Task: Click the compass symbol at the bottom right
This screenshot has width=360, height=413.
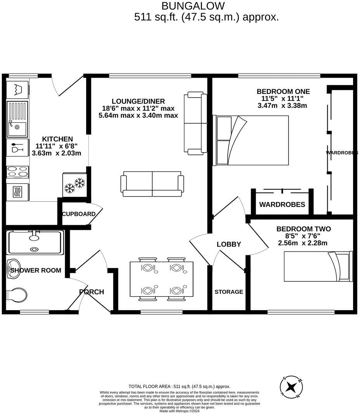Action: (x=291, y=387)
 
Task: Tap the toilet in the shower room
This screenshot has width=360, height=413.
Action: (x=16, y=295)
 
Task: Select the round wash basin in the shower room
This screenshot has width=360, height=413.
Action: (x=13, y=268)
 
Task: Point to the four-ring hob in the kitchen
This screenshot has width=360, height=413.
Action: (x=17, y=172)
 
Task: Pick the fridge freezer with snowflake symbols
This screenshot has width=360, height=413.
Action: (x=74, y=184)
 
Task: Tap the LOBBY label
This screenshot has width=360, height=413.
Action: (x=228, y=244)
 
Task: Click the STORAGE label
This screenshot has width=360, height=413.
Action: (x=229, y=292)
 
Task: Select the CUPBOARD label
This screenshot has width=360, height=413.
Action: (x=79, y=214)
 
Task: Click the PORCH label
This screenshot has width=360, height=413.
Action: (x=92, y=292)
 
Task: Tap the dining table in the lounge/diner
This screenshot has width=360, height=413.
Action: (x=161, y=279)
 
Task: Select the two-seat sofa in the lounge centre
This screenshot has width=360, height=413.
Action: (x=152, y=184)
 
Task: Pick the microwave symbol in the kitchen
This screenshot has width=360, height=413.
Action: (x=17, y=192)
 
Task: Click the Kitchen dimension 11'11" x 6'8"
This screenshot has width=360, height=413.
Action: (x=57, y=146)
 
